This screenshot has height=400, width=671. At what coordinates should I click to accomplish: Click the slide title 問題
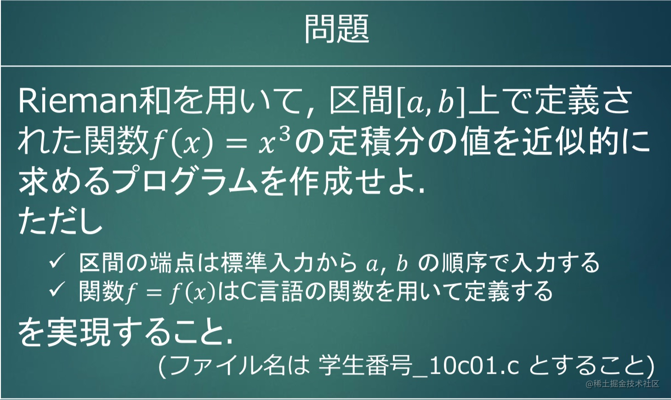pos(336,29)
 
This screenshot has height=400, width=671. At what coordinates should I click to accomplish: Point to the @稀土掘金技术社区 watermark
pos(622,384)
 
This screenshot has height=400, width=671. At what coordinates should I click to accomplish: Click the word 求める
pos(64,182)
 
